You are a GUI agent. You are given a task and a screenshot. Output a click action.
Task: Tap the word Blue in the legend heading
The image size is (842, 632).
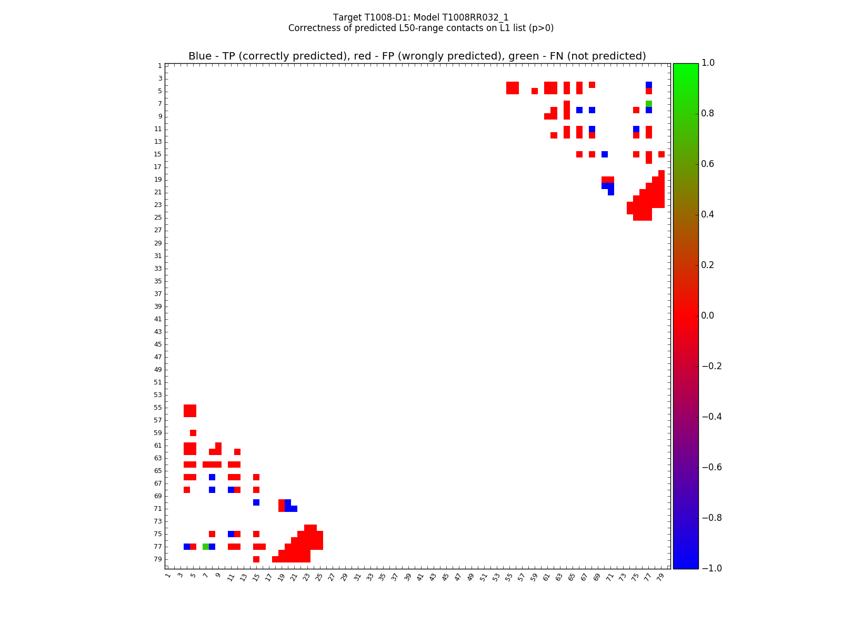pyautogui.click(x=200, y=56)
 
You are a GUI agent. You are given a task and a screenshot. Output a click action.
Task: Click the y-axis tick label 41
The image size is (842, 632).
pyautogui.click(x=158, y=319)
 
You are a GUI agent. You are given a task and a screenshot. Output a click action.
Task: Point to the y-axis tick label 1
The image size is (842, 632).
pyautogui.click(x=159, y=66)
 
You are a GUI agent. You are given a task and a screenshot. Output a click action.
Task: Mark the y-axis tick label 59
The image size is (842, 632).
pyautogui.click(x=158, y=433)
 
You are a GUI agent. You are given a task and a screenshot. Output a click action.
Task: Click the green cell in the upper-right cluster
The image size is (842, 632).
pyautogui.click(x=649, y=104)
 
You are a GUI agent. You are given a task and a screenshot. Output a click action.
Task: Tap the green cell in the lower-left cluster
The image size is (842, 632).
pyautogui.click(x=206, y=547)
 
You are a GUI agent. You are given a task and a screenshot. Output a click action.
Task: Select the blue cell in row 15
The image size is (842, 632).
pyautogui.click(x=605, y=154)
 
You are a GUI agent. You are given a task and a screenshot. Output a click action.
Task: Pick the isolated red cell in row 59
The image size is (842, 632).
pyautogui.click(x=193, y=433)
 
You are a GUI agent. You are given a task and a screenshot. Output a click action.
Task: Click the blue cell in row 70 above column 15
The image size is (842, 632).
pyautogui.click(x=256, y=502)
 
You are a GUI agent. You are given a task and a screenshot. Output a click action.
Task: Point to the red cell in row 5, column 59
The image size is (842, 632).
pyautogui.click(x=535, y=91)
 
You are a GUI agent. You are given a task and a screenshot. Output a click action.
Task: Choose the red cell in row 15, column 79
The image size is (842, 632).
pyautogui.click(x=661, y=154)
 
